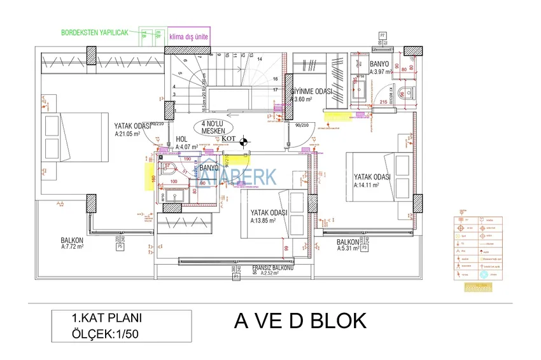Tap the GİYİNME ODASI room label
[x=313, y=92]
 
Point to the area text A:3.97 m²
[x=381, y=72]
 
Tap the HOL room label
[x=181, y=139]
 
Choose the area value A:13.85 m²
[x=262, y=221]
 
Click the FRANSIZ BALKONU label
[x=272, y=268]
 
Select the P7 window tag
[x=382, y=34]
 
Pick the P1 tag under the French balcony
[x=236, y=277]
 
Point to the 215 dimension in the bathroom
[x=383, y=102]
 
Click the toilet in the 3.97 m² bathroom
[x=402, y=94]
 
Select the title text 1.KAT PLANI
[x=107, y=318]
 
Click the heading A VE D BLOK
[x=301, y=321]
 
